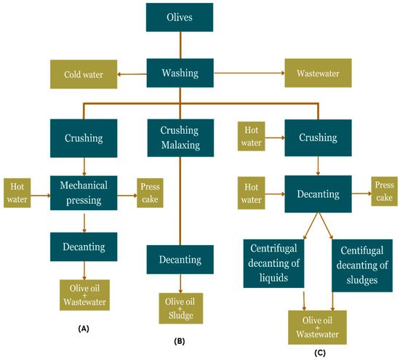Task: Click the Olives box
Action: tap(180, 17)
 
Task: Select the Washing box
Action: tap(180, 73)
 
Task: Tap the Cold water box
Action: tap(84, 74)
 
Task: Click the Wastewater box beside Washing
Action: tap(318, 73)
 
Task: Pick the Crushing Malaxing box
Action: tap(180, 137)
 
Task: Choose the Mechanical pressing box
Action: tap(84, 193)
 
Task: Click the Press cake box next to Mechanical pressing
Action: tap(150, 193)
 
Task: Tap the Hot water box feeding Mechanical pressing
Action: tap(17, 193)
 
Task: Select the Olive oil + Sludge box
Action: tap(181, 308)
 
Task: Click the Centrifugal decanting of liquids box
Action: tap(273, 263)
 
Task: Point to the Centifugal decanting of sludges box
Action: tap(362, 265)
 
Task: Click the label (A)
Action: tap(84, 329)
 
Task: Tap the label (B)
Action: tap(180, 341)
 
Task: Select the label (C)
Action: tap(320, 353)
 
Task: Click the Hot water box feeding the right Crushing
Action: tap(252, 136)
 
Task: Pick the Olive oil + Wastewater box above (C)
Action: tap(317, 327)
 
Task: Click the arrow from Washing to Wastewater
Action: tap(249, 73)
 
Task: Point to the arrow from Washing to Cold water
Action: tap(132, 74)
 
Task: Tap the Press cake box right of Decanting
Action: tap(385, 191)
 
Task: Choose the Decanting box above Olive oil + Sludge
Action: tap(180, 260)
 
